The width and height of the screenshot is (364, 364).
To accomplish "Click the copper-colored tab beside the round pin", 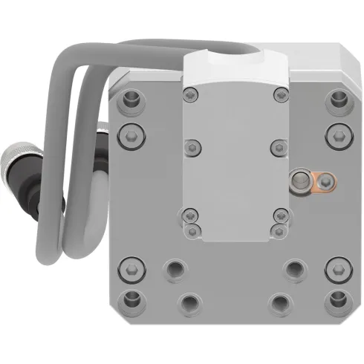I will click(x=325, y=179).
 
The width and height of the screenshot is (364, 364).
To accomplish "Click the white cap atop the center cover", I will click(x=235, y=68).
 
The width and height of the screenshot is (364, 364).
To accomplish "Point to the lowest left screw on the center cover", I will click(x=191, y=230).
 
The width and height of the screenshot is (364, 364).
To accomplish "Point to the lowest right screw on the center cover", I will click(x=280, y=230).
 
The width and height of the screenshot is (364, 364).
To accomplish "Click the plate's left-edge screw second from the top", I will click(x=132, y=135).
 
